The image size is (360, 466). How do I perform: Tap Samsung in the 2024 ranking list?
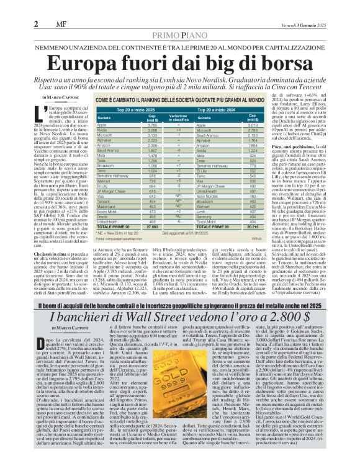click(x=205, y=215)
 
